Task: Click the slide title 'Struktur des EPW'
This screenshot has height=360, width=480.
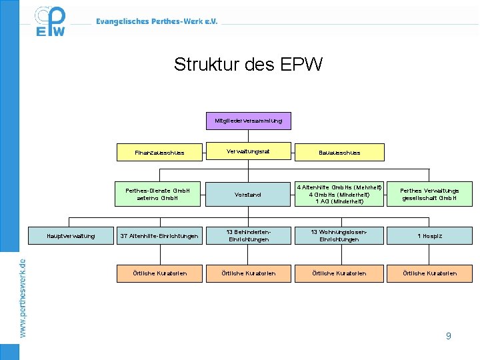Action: [248, 65]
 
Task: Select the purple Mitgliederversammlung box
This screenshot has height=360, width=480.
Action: [248, 121]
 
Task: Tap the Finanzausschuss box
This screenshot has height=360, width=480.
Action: [159, 153]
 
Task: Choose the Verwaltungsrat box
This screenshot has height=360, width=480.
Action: [248, 151]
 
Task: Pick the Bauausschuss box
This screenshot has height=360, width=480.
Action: [339, 153]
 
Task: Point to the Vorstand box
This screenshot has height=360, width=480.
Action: [248, 194]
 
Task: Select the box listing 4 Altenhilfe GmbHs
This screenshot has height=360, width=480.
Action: [339, 193]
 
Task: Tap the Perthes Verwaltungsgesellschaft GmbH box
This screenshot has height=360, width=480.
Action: [429, 193]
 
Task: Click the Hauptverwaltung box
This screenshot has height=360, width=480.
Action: [71, 235]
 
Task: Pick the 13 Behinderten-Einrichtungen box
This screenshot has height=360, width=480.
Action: [248, 235]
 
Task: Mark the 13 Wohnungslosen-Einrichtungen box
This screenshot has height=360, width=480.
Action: [339, 235]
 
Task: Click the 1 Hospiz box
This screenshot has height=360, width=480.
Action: [429, 235]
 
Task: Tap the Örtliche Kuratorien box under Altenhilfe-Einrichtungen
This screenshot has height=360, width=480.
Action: [160, 273]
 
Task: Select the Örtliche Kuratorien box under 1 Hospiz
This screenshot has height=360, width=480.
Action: [429, 273]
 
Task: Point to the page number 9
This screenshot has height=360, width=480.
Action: [448, 336]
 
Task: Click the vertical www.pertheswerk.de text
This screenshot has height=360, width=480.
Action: [23, 297]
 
